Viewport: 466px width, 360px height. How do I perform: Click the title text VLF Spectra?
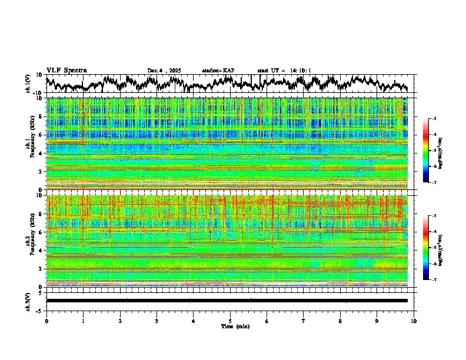point(66,70)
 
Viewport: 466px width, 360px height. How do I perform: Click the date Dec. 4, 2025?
point(164,71)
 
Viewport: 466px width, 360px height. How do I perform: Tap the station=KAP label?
point(218,71)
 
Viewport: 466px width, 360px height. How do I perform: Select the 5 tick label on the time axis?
point(230,321)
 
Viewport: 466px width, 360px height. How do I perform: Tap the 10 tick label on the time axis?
point(414,321)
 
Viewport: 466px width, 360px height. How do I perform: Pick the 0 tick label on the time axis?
point(46,321)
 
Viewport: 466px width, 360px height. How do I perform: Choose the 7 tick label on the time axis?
point(304,321)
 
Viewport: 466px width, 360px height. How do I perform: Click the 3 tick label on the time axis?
point(157,321)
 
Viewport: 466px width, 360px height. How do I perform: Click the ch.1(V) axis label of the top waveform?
point(28,84)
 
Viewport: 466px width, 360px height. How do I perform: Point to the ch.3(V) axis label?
point(28,301)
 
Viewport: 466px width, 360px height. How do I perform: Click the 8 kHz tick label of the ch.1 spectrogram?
point(41,116)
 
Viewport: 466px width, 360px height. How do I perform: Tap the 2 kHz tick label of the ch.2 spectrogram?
point(41,268)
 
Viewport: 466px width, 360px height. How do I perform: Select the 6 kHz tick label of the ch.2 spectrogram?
point(41,232)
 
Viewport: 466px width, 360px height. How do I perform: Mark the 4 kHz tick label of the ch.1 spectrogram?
point(41,154)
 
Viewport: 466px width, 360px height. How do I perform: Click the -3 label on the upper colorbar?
point(434,119)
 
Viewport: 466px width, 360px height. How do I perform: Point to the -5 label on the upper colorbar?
point(434,151)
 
